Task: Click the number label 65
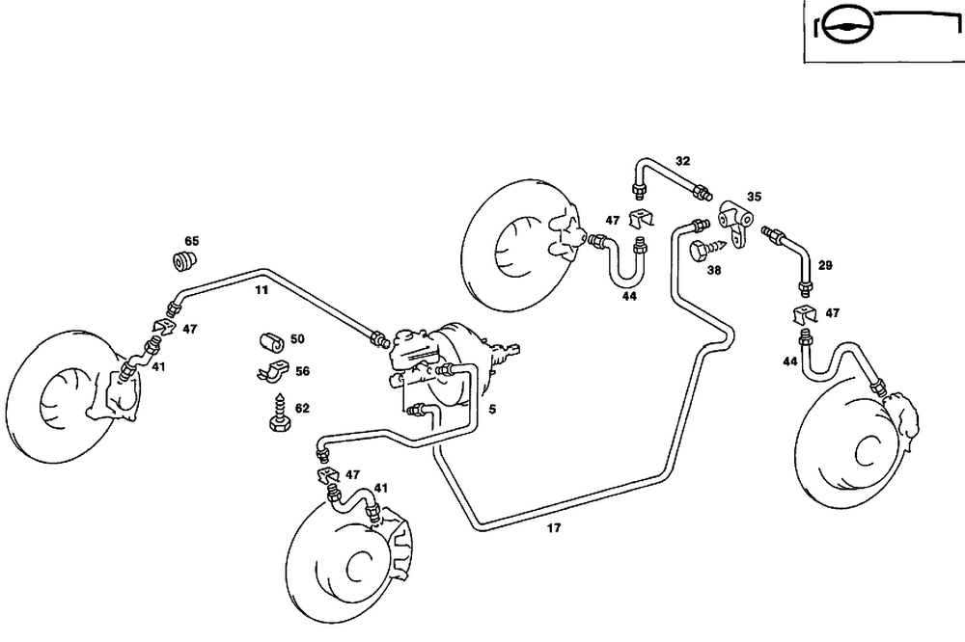tap(192, 240)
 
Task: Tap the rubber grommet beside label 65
tap(184, 260)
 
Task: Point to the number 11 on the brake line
tap(262, 288)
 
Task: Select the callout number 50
tap(297, 338)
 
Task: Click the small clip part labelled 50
tap(271, 339)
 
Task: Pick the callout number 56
tap(302, 370)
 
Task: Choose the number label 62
tap(302, 408)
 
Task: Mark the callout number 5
tap(491, 409)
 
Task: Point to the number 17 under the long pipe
tap(554, 528)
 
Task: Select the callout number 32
tap(682, 160)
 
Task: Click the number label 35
tap(754, 196)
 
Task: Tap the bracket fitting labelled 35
tap(736, 221)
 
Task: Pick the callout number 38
tap(714, 271)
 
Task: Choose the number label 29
tap(825, 264)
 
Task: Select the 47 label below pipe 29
tap(832, 313)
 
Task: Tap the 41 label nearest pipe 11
tap(157, 366)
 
